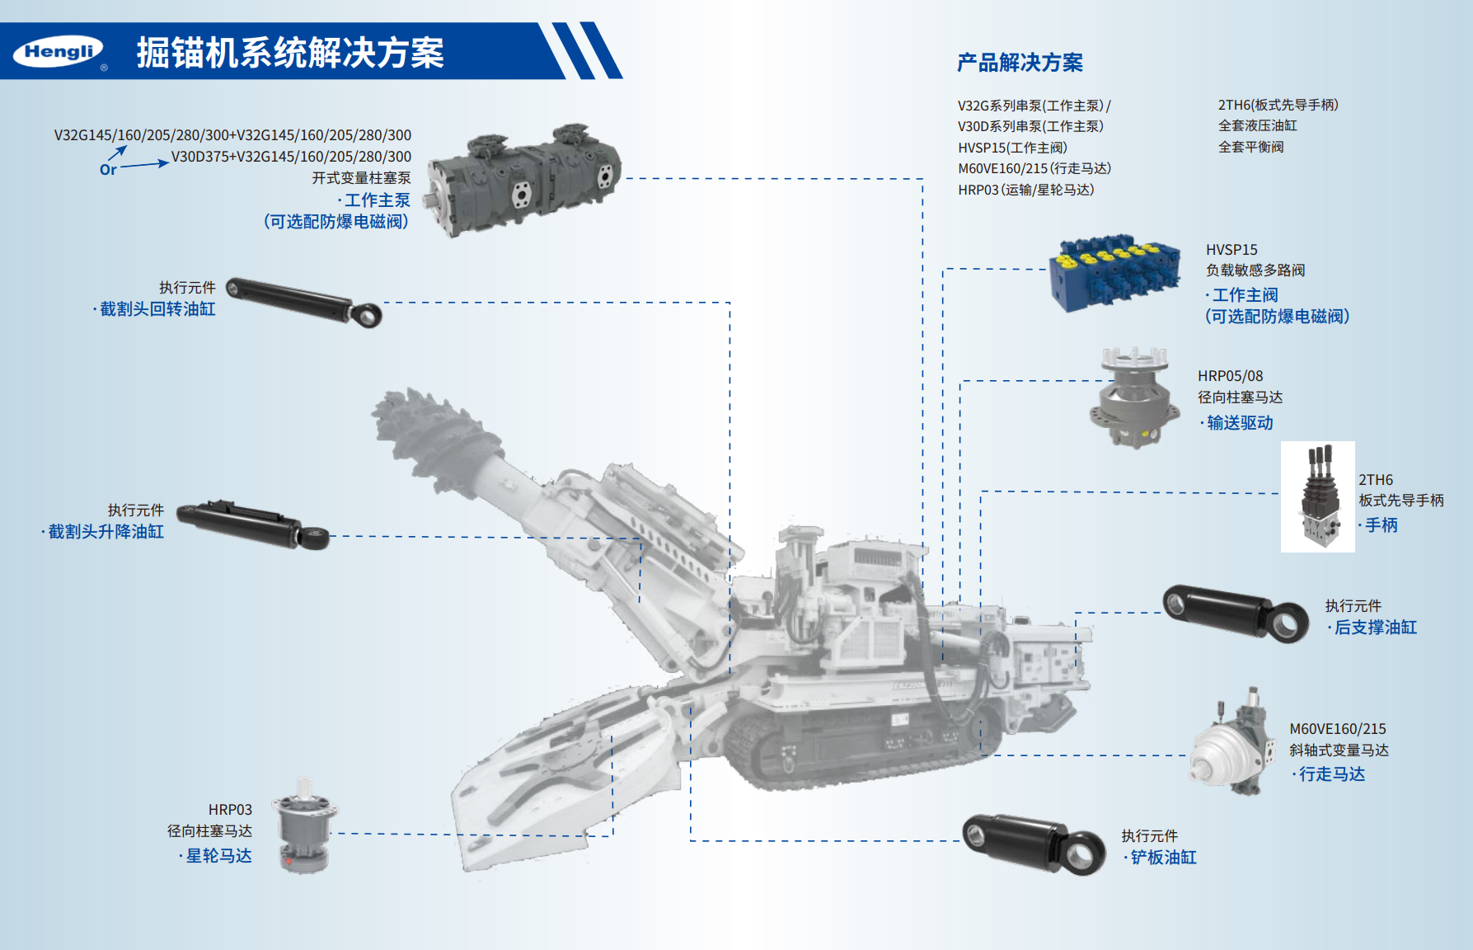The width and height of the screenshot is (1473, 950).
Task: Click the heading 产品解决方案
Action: click(x=1020, y=63)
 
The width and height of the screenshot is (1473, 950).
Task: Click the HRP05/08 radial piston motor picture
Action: click(x=1134, y=397)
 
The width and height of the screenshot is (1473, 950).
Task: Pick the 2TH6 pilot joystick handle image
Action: click(x=1317, y=496)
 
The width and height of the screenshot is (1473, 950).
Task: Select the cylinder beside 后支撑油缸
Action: click(x=1236, y=613)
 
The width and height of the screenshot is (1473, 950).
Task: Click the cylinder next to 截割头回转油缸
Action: click(x=304, y=302)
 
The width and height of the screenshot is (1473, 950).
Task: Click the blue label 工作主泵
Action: click(x=377, y=200)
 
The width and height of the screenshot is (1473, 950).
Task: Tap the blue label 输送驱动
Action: click(x=1240, y=423)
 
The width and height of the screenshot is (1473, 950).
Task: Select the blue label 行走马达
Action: click(x=1332, y=774)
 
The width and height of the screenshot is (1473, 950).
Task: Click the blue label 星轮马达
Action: click(x=218, y=856)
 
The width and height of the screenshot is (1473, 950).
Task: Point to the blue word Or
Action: click(x=108, y=170)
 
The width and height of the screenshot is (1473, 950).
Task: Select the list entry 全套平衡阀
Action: click(x=1250, y=147)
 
